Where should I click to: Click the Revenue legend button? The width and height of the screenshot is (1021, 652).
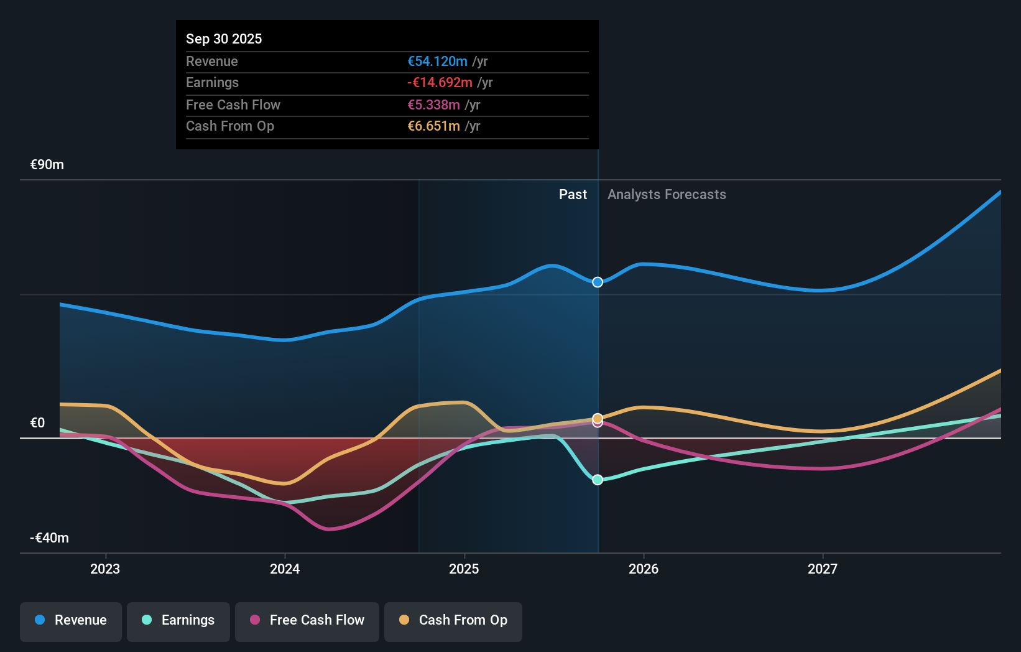71,620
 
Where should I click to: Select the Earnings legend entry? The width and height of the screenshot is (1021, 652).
178,620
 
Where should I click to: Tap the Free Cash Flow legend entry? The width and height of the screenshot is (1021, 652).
307,620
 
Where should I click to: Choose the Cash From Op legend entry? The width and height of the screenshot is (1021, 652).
453,620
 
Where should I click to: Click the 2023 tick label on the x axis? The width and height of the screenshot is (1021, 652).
105,569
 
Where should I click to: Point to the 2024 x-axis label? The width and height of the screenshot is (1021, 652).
285,569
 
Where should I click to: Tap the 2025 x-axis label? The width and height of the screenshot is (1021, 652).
464,569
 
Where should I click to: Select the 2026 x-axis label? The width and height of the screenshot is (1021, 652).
644,569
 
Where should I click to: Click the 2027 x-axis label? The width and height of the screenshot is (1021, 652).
823,569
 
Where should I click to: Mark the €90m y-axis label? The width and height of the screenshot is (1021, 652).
47,165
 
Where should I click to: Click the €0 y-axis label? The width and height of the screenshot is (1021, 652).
38,423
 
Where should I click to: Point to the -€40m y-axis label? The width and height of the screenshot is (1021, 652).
50,538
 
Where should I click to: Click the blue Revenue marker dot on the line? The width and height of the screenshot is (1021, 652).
598,282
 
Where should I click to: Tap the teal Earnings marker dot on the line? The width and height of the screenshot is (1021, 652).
598,480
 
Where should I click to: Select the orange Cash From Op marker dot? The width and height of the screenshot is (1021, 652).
598,418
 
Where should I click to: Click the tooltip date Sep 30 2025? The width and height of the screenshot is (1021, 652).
224,39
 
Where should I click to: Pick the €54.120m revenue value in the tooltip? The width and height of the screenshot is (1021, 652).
437,62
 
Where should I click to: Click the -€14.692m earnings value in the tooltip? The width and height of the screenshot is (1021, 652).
440,83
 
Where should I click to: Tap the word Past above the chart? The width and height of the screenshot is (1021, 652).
573,195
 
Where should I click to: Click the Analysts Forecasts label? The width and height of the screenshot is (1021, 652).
667,195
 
